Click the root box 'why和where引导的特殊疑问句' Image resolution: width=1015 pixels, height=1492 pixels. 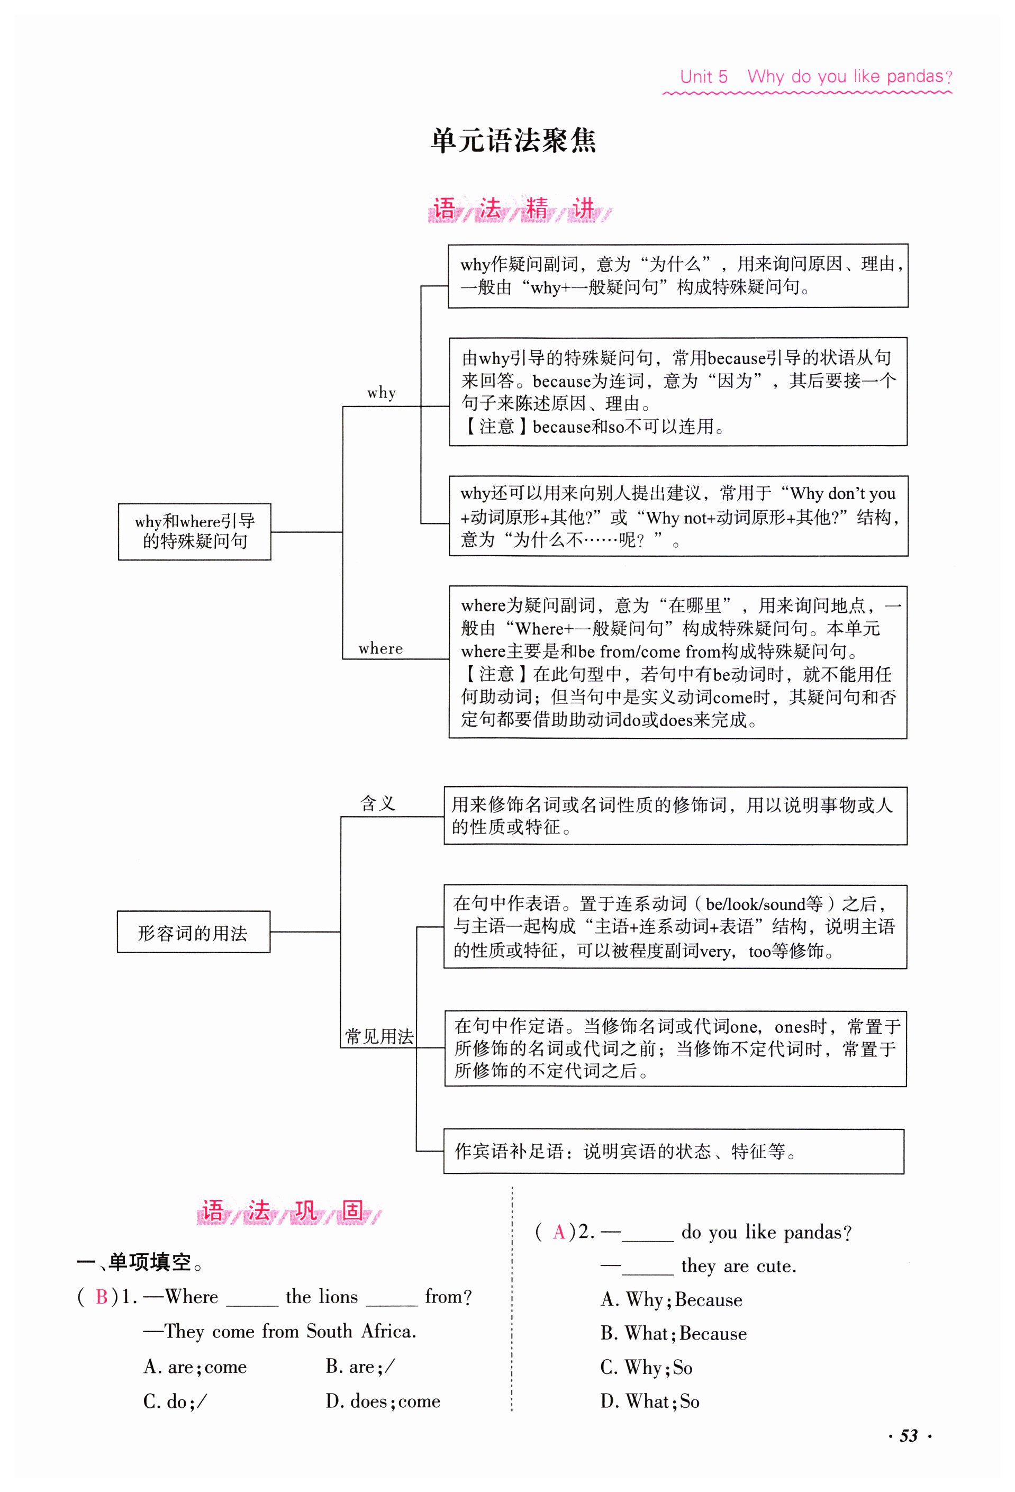[195, 531]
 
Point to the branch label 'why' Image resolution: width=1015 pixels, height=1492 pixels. [382, 393]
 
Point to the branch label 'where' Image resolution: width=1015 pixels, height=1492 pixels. [380, 648]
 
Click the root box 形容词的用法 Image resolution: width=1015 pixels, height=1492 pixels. [193, 932]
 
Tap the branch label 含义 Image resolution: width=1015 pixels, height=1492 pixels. [377, 803]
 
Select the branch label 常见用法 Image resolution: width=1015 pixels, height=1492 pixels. [379, 1036]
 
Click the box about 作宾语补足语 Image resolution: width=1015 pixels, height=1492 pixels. [674, 1151]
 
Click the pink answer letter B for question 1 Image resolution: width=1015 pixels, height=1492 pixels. [102, 1297]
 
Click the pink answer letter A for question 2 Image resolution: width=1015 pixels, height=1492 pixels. [558, 1232]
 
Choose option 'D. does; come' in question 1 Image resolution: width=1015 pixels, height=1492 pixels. [383, 1401]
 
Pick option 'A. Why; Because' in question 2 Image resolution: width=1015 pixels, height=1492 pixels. [671, 1299]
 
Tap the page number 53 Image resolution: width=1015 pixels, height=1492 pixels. [909, 1435]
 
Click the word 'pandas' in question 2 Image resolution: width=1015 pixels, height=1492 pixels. [812, 1232]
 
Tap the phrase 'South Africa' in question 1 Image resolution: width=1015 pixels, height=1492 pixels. [361, 1331]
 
